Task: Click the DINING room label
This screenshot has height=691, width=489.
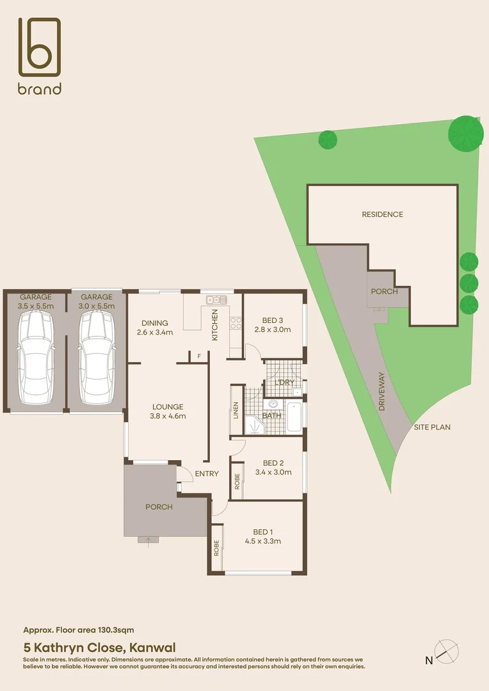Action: coord(155,323)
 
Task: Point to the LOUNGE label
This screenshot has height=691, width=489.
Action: coord(168,406)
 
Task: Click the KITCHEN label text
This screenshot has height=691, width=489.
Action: coord(215,324)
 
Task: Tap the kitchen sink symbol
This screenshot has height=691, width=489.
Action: coord(214,299)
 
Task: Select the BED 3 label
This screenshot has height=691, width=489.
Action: coord(273,321)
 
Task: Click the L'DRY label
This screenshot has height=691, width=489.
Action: coord(284,383)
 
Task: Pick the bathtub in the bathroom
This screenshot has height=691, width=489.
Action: coord(295,417)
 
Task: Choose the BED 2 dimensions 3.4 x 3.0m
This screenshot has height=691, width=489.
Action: coord(273,473)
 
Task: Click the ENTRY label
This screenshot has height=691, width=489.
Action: coord(207,474)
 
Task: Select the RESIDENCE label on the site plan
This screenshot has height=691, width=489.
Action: coord(382,214)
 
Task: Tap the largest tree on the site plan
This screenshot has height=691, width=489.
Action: coord(465,133)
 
